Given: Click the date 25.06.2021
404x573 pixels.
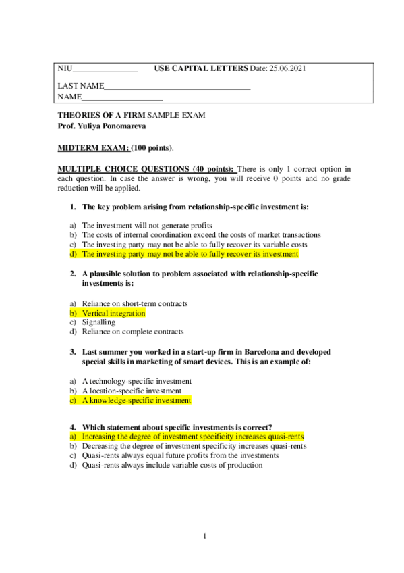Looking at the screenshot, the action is [x=290, y=69].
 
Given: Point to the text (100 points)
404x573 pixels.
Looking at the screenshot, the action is [x=152, y=147].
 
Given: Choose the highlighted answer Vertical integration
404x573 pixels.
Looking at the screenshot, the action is [x=113, y=314].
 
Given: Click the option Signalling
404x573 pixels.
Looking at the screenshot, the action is [x=98, y=322].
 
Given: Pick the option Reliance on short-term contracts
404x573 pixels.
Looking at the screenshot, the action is [x=135, y=304].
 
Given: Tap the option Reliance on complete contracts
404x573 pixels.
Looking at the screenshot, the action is [x=132, y=332].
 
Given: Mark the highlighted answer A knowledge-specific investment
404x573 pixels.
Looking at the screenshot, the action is [x=136, y=400].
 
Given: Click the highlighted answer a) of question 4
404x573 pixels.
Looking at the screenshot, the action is [x=193, y=437].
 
